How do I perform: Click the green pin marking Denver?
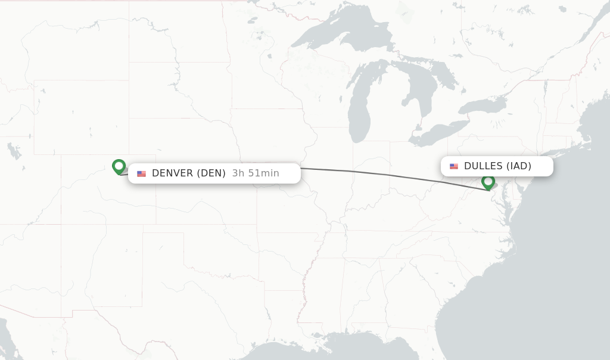119,166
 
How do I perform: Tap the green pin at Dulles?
488,182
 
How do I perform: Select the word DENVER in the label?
172,173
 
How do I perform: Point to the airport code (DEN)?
211,173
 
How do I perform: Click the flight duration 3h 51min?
256,173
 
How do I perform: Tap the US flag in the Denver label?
141,174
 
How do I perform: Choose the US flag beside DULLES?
454,166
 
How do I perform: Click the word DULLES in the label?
483,166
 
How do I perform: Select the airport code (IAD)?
518,166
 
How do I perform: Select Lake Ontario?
483,106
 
